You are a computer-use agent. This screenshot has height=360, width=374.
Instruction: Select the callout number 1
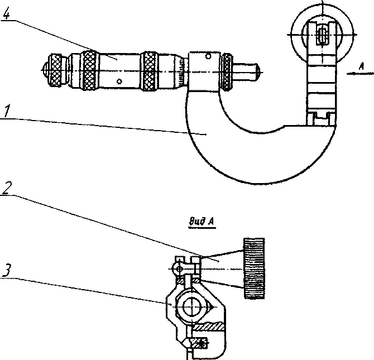pyautogui.click(x=7, y=111)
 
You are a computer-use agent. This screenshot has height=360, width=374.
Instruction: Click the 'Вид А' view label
pyautogui.click(x=202, y=222)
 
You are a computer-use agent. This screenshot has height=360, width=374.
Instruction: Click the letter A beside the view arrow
pyautogui.click(x=362, y=67)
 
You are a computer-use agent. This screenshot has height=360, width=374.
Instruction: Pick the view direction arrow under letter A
pyautogui.click(x=360, y=74)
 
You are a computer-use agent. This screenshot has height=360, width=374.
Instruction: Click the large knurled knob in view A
pyautogui.click(x=254, y=268)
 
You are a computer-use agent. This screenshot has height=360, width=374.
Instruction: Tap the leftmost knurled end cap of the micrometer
pyautogui.click(x=54, y=71)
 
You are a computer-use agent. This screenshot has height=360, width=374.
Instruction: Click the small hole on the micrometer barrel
pyautogui.click(x=119, y=81)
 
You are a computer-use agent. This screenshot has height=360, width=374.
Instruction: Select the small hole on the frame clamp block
pyautogui.click(x=208, y=57)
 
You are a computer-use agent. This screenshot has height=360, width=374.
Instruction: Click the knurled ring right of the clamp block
pyautogui.click(x=227, y=71)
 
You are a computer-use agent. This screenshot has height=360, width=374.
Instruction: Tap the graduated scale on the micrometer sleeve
pyautogui.click(x=182, y=71)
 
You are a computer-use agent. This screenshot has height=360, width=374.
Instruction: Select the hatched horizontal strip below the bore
pyautogui.click(x=209, y=327)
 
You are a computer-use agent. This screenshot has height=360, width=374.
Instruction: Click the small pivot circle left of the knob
pyautogui.click(x=179, y=269)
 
